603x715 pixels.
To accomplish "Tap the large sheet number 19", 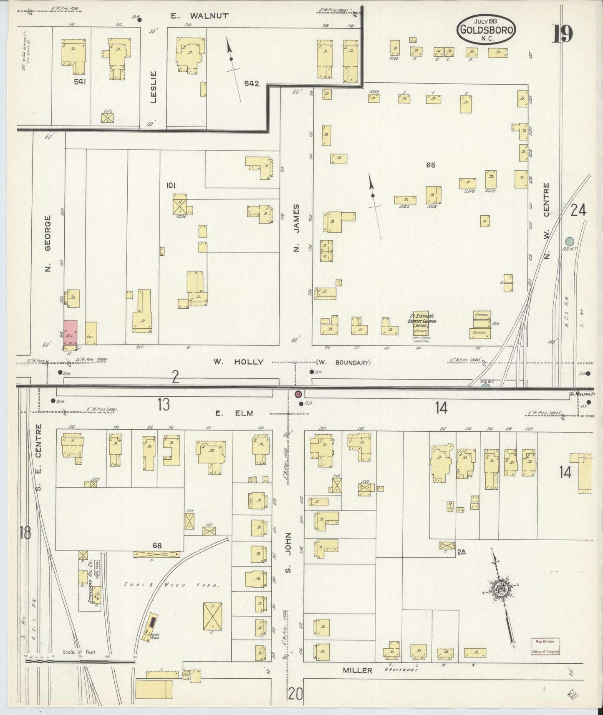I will [x=563, y=33].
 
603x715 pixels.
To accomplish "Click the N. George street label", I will [x=48, y=243].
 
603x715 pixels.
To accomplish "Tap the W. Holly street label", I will [x=238, y=362].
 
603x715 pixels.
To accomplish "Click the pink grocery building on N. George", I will [x=71, y=332].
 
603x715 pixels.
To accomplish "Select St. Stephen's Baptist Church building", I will [x=421, y=323].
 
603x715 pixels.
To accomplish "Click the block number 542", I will [x=252, y=83].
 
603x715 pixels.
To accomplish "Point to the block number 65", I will [x=431, y=165].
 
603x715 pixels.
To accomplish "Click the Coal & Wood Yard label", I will [x=172, y=585].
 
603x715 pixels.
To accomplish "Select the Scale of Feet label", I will [x=79, y=652].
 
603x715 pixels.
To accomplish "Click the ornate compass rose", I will [x=500, y=589].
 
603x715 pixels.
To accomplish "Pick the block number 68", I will [x=157, y=545].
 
